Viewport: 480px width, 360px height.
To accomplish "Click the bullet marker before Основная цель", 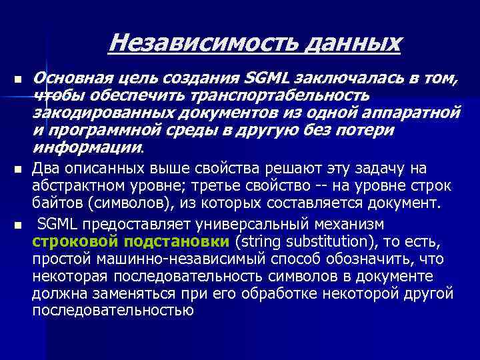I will (17, 80).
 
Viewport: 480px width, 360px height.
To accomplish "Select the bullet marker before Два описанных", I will (17, 169).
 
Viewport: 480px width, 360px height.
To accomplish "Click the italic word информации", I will (87, 147).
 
